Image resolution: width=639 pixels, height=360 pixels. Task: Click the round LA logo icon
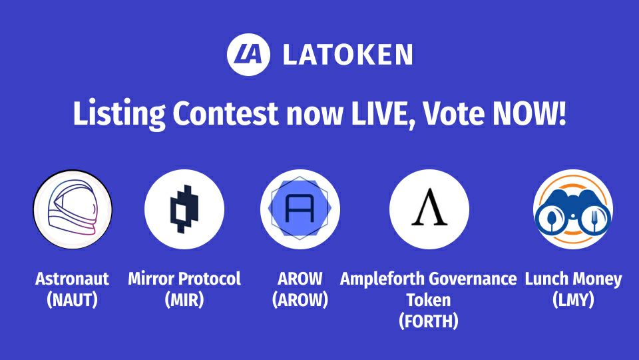248,55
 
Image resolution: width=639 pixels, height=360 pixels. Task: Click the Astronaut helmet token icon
73,209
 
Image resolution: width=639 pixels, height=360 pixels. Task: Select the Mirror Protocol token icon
184,209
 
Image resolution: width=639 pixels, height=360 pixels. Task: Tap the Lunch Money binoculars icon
573,209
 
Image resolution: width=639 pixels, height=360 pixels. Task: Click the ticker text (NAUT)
72,300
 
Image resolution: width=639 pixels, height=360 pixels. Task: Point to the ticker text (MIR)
184,300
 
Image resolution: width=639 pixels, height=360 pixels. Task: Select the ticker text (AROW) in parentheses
300,300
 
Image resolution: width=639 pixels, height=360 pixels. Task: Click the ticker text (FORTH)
429,321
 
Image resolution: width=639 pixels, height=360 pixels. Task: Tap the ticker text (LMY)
573,300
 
